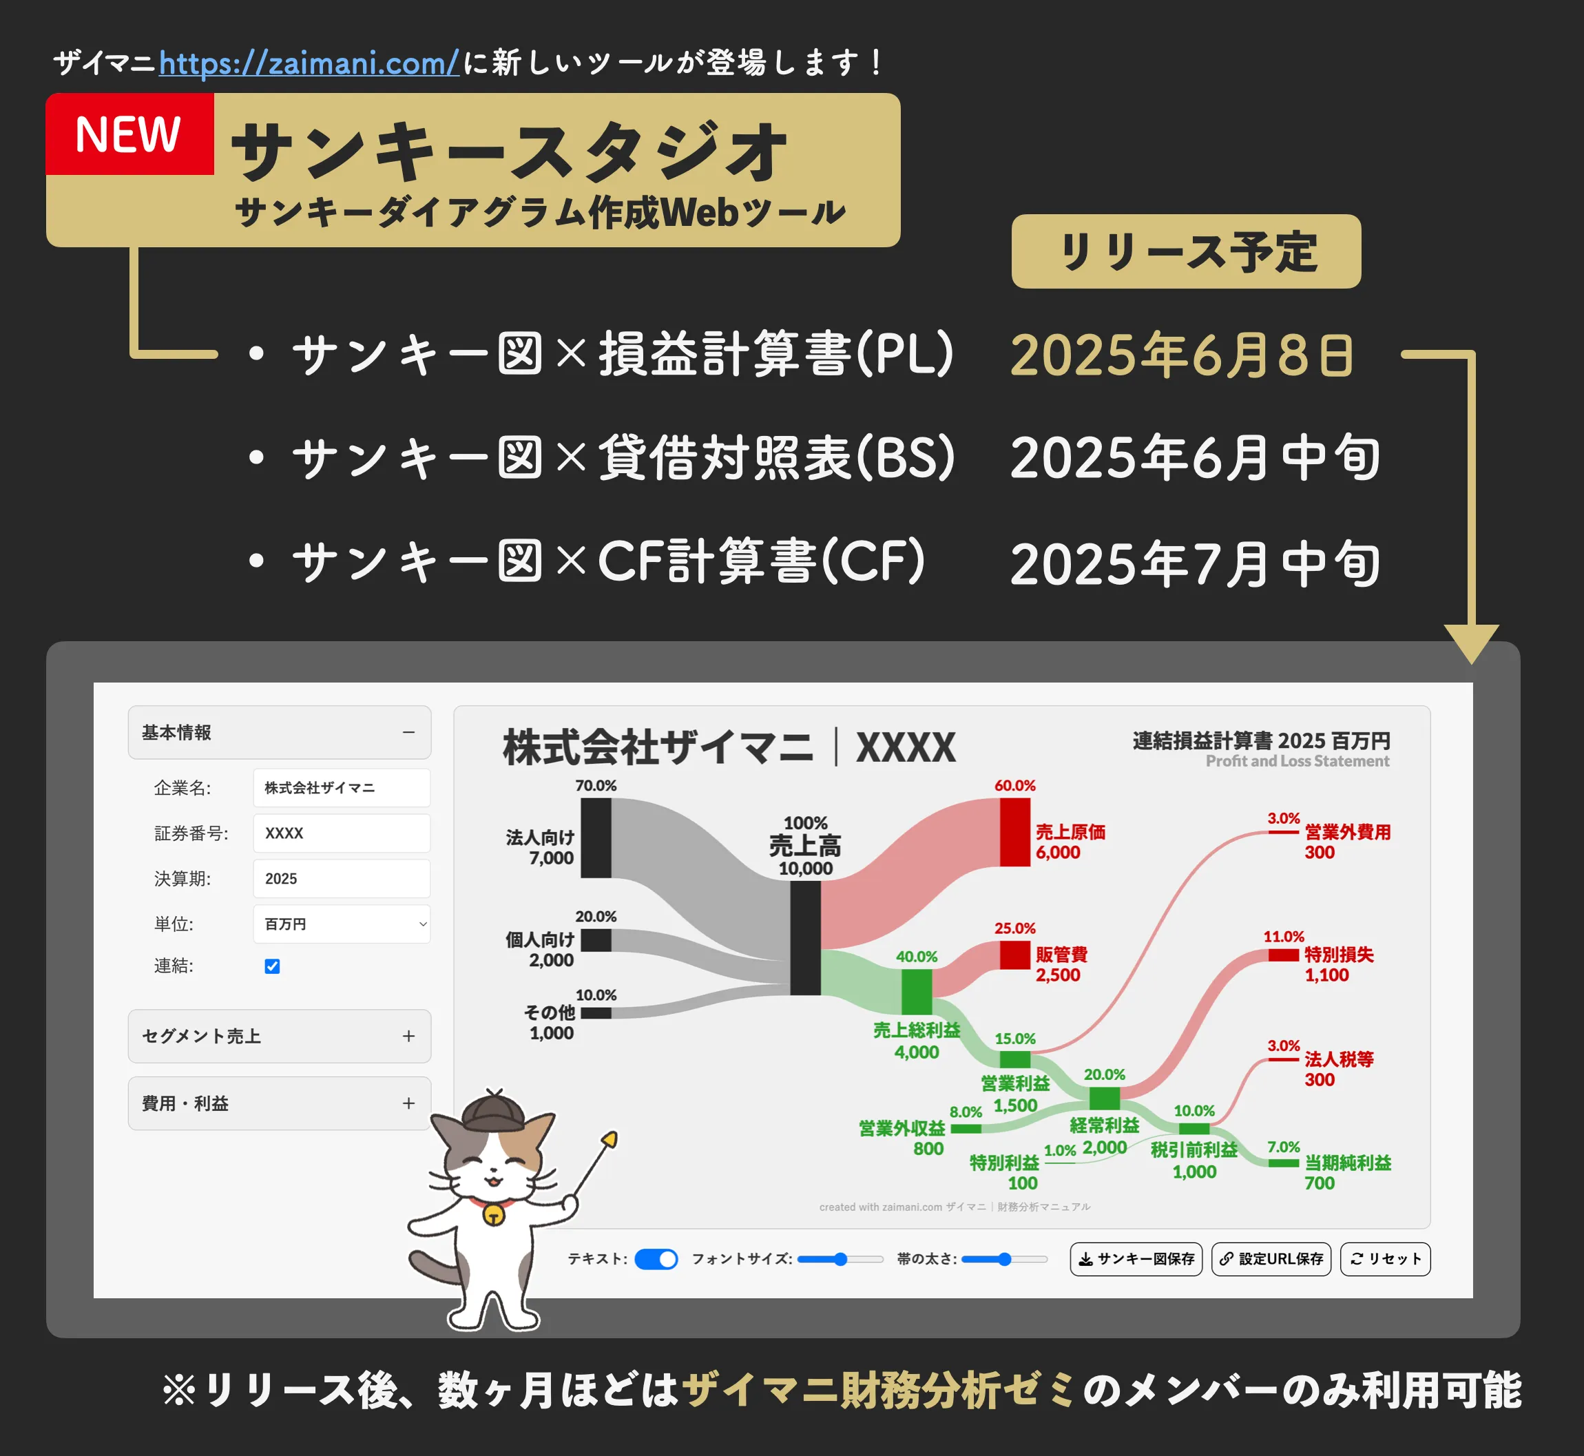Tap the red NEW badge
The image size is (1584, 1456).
(130, 134)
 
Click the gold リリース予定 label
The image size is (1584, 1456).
(1186, 251)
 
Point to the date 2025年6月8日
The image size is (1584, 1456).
(1182, 355)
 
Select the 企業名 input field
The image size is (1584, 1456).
(342, 788)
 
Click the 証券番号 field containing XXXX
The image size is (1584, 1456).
(342, 833)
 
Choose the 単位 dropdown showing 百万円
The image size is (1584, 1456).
(342, 924)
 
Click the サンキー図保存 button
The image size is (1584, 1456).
(1136, 1259)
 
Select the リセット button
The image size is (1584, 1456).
(1386, 1259)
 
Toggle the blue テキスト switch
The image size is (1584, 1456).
(656, 1259)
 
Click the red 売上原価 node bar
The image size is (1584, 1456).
(1015, 832)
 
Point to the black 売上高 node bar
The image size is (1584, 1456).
(806, 937)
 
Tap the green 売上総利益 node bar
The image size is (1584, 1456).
(917, 992)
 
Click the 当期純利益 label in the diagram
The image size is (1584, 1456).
(1348, 1163)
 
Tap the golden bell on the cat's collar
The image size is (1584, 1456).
(494, 1216)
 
